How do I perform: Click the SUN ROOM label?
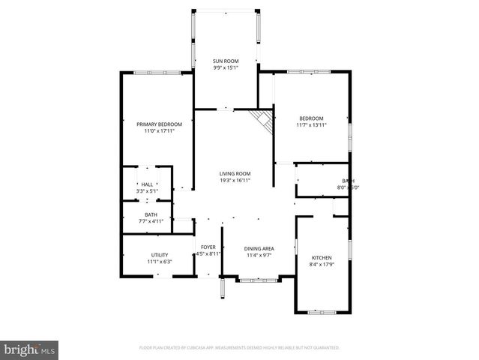click(x=225, y=61)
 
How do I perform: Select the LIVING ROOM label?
click(x=235, y=173)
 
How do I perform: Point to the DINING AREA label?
click(x=259, y=248)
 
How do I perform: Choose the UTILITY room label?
click(x=160, y=255)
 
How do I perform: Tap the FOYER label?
click(x=208, y=247)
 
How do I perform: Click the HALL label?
click(x=147, y=184)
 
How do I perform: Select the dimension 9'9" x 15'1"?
click(x=225, y=68)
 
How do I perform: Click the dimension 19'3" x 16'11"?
click(x=235, y=181)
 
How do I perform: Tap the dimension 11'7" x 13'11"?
click(x=311, y=125)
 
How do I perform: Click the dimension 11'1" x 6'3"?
click(x=160, y=262)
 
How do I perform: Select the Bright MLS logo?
click(x=30, y=349)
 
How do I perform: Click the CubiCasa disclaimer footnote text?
click(x=239, y=348)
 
